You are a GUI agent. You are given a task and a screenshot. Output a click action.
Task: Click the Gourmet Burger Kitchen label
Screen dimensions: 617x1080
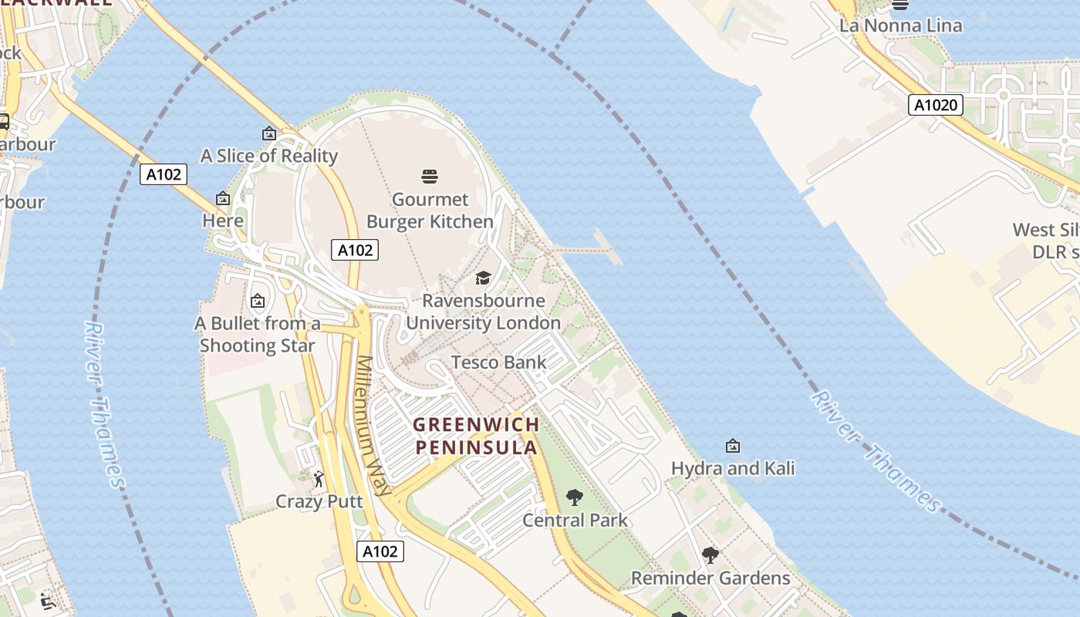coord(430,211)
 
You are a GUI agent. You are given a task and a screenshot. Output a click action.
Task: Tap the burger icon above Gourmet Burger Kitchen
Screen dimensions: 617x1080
coord(430,177)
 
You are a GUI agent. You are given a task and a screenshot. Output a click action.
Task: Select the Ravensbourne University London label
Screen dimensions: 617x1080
coord(483,312)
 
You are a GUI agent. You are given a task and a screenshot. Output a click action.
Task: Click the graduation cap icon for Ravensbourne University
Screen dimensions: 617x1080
coord(483,278)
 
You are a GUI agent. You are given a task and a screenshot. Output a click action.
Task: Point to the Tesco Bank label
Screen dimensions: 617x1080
coord(498,362)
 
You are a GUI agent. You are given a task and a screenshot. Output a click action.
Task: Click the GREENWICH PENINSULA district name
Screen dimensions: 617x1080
coord(476,436)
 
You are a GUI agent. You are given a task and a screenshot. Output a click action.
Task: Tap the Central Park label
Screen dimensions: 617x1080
coord(575,521)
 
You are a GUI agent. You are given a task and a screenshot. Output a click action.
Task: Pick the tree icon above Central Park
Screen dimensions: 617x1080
coord(575,497)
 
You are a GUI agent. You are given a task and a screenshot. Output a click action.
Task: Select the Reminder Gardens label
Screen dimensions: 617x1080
coord(710,578)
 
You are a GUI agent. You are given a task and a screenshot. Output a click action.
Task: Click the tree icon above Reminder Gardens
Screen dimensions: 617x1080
coord(710,555)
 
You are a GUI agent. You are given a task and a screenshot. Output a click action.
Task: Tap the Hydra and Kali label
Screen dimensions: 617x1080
coord(733,468)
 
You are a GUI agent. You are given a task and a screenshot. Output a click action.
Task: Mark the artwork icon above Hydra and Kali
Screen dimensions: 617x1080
coord(733,446)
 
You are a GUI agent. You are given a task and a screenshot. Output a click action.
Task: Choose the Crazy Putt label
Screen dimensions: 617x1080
coord(319,502)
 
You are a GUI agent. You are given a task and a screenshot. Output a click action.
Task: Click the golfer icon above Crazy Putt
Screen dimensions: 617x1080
coord(319,480)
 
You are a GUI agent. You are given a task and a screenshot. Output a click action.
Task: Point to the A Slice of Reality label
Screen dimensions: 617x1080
coord(269,156)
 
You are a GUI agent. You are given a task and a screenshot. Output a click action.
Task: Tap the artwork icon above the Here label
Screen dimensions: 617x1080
coord(223,199)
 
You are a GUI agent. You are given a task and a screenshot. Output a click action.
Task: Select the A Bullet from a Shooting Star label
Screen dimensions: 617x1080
coord(257,334)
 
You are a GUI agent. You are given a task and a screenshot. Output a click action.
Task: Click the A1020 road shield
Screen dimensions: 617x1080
coord(936,105)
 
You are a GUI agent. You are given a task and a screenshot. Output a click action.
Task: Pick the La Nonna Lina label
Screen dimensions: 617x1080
coord(900,25)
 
